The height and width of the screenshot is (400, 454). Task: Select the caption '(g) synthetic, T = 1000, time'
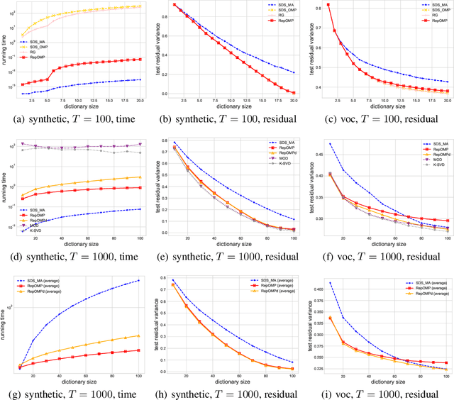pos(78,387)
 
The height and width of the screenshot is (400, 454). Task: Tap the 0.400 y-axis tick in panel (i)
pos(314,289)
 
